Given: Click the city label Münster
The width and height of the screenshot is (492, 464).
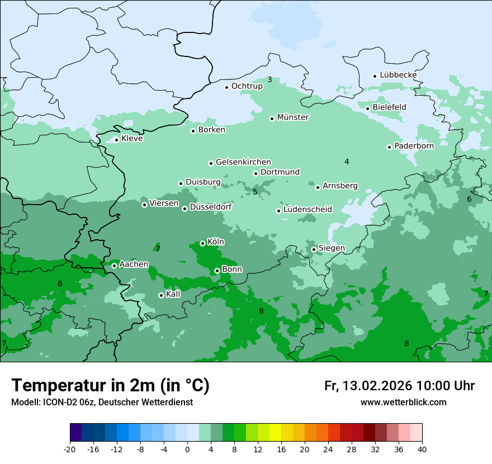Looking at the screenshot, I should pyautogui.click(x=293, y=117).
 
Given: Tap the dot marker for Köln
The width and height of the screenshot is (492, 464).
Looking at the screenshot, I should pyautogui.click(x=202, y=243).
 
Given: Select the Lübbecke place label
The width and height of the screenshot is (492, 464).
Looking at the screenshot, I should pyautogui.click(x=398, y=75).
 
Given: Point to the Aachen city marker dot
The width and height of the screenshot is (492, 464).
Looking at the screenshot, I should pyautogui.click(x=114, y=266).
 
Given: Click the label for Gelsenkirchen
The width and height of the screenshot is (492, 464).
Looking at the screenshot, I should pyautogui.click(x=243, y=162).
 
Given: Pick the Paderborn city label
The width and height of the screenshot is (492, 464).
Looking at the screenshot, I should pyautogui.click(x=414, y=146).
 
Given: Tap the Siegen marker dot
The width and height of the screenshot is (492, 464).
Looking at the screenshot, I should pyautogui.click(x=314, y=249).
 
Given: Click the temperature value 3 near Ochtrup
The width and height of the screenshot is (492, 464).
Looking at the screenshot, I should pyautogui.click(x=269, y=80).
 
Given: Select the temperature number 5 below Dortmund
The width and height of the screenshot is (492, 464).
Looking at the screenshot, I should pyautogui.click(x=255, y=192).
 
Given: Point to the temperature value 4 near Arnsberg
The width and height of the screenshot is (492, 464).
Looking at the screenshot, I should pyautogui.click(x=347, y=162).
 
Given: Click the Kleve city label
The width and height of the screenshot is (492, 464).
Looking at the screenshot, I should pyautogui.click(x=132, y=139).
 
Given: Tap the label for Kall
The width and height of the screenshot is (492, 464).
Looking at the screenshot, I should pyautogui.click(x=173, y=294).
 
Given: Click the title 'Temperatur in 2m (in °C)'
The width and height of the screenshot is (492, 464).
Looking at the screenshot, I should pyautogui.click(x=110, y=386).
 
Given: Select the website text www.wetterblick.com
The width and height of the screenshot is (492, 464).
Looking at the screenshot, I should pyautogui.click(x=403, y=403).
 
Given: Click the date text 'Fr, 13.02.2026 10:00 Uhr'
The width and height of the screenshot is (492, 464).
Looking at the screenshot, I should pyautogui.click(x=399, y=386).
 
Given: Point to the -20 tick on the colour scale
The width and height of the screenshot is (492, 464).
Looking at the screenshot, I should pyautogui.click(x=70, y=449).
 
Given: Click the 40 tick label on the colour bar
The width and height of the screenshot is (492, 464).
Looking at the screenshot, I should pyautogui.click(x=422, y=449).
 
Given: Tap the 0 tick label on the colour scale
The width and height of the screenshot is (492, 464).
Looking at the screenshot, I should pyautogui.click(x=187, y=449).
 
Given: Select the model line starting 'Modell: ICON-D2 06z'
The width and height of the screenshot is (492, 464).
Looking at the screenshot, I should pyautogui.click(x=102, y=403).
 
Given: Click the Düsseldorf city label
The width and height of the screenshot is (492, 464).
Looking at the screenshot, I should pyautogui.click(x=211, y=207).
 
